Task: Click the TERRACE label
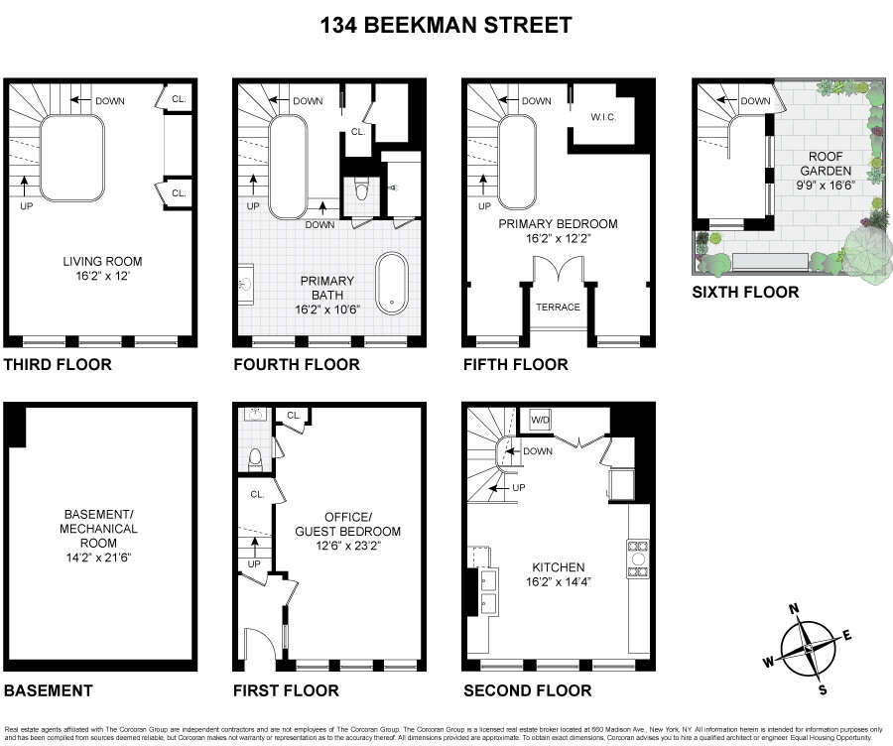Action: pos(558,308)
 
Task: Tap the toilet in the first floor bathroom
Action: pos(255,458)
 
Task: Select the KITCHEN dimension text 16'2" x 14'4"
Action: pos(558,583)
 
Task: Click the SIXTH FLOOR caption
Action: pos(745,292)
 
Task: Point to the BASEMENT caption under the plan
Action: pos(49,690)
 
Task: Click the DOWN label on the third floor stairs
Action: pos(108,100)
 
